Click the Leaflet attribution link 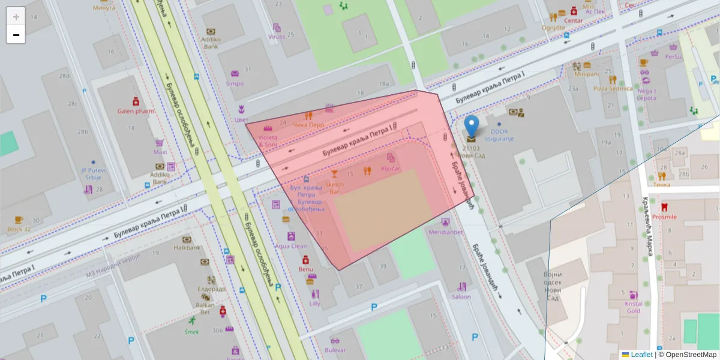pyautogui.click(x=641, y=355)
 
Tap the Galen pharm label pyautogui.click(x=136, y=111)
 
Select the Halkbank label pyautogui.click(x=187, y=247)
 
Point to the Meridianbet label pyautogui.click(x=445, y=232)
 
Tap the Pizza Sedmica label pyautogui.click(x=613, y=88)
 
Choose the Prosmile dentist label pyautogui.click(x=664, y=217)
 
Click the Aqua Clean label pyautogui.click(x=290, y=246)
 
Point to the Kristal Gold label pyautogui.click(x=634, y=307)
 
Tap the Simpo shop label pyautogui.click(x=235, y=83)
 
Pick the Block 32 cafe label pyautogui.click(x=19, y=229)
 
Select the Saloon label pyautogui.click(x=461, y=296)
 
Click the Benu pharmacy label pyautogui.click(x=306, y=269)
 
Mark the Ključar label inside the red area pyautogui.click(x=390, y=169)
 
